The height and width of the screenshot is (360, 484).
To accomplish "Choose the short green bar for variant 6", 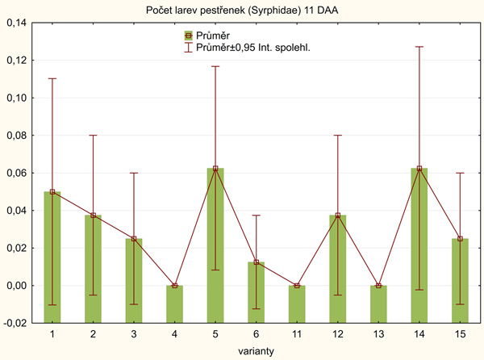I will [x=257, y=274].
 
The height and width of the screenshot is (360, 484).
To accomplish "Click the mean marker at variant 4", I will [x=174, y=286].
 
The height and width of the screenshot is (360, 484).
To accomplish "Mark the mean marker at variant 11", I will [x=298, y=286].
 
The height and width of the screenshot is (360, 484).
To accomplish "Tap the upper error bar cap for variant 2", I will [x=93, y=136].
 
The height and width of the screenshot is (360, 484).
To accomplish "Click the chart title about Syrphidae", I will [x=242, y=10].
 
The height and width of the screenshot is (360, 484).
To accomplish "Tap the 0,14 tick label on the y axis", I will [x=17, y=23].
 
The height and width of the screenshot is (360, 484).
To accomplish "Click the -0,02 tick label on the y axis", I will [x=16, y=323].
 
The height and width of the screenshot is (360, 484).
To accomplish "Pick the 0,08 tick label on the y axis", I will [x=17, y=136].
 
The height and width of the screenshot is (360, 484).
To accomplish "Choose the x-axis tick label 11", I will [x=298, y=334].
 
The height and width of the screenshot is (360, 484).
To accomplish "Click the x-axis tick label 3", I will [x=134, y=334].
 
